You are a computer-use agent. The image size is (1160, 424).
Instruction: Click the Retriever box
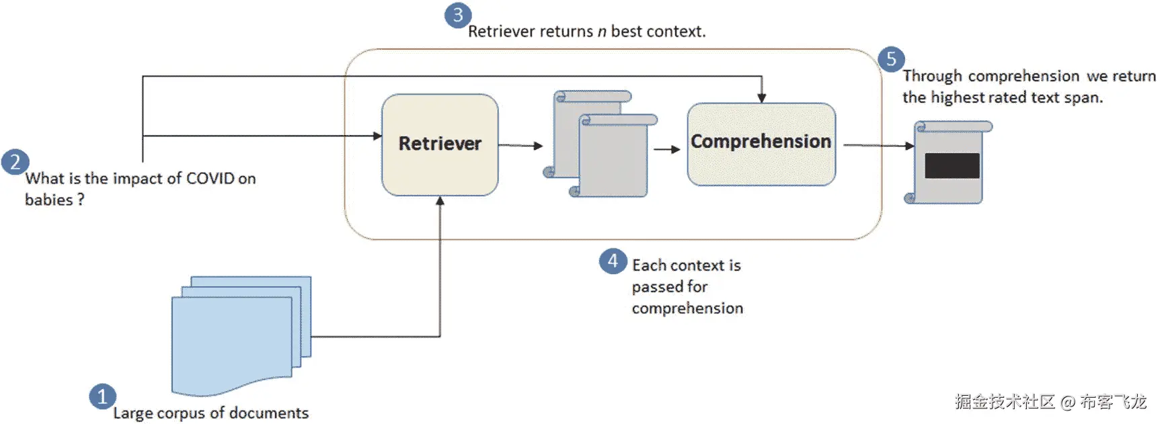[440, 144]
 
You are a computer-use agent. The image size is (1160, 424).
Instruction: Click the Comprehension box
[761, 144]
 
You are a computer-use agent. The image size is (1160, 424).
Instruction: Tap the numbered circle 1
[102, 396]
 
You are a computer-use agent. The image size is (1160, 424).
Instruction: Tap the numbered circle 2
[15, 162]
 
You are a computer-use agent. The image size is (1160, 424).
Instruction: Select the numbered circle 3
[458, 15]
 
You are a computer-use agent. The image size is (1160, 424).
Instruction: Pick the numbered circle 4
[612, 261]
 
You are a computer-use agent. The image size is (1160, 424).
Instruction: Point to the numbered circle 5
[891, 59]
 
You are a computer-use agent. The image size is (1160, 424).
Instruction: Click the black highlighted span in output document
[952, 165]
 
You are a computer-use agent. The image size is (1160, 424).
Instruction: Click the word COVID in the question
[210, 179]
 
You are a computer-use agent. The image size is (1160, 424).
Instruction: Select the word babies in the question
[48, 200]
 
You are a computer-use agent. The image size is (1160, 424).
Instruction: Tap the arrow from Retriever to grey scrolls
[520, 145]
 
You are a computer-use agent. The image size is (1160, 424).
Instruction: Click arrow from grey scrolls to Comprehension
[666, 149]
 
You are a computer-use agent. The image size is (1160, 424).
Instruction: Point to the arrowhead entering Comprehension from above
[761, 98]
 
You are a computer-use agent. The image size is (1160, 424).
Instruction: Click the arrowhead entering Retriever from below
[440, 201]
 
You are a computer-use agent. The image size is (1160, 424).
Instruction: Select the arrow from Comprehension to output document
[878, 145]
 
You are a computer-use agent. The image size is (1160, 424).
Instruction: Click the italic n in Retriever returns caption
[602, 32]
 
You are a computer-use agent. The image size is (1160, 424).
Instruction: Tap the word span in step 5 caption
[1083, 97]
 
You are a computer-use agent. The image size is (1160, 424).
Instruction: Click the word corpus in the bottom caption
[182, 413]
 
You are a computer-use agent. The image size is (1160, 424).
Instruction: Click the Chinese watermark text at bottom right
[1050, 402]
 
